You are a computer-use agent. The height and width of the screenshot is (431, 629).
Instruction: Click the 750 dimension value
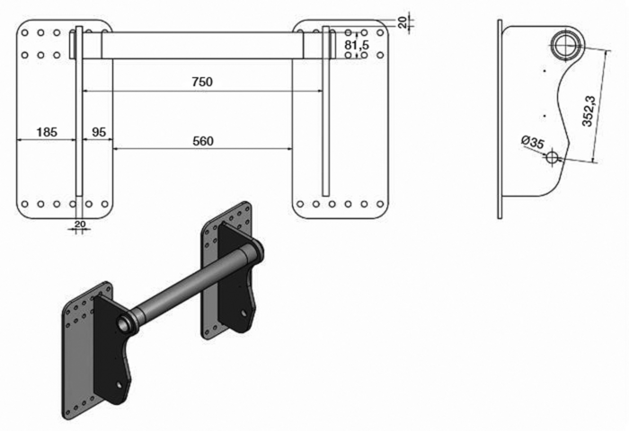(202, 82)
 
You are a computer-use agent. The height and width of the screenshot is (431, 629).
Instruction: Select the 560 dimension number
(203, 141)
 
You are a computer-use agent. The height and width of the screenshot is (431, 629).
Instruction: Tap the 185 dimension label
(47, 132)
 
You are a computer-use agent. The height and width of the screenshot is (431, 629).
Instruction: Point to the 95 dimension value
(99, 132)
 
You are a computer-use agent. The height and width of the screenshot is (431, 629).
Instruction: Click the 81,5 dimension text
(357, 45)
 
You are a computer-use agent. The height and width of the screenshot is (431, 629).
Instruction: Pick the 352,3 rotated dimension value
(589, 110)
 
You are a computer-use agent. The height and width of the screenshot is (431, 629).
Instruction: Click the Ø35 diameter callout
(533, 142)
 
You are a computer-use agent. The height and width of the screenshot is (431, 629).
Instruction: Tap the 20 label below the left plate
(80, 224)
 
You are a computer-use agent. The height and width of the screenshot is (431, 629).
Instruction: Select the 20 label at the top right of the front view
(403, 22)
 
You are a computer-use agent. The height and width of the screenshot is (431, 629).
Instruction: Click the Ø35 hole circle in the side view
(553, 156)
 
